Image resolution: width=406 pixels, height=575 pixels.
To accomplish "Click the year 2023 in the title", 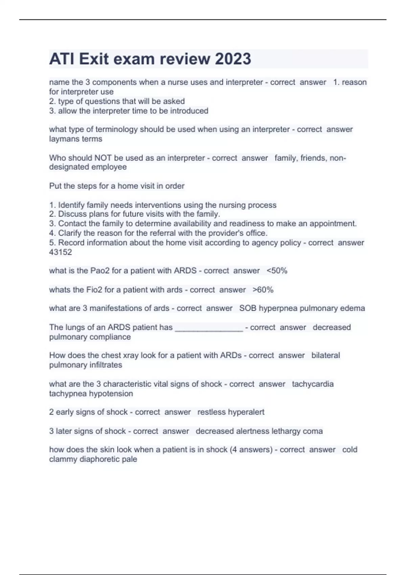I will (233, 59).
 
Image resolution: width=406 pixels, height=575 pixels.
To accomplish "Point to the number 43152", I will (61, 252).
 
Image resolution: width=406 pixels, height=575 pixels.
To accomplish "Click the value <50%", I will (277, 271).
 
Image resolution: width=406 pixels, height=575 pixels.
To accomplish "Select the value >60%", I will (263, 290).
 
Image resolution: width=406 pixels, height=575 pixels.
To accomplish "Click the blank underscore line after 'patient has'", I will (209, 328).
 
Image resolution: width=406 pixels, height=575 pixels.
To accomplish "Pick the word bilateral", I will (325, 355).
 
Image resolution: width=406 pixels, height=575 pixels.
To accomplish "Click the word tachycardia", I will (313, 384).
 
